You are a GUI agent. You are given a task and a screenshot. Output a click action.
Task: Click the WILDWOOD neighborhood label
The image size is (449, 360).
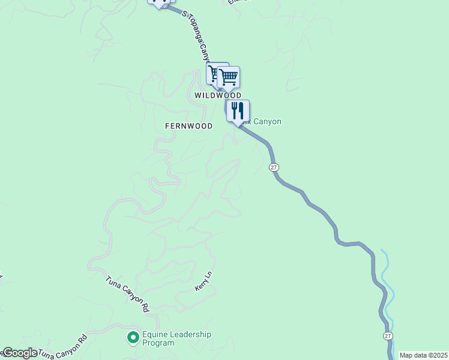(217, 95)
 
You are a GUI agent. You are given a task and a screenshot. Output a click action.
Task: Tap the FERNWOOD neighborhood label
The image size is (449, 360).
(188, 126)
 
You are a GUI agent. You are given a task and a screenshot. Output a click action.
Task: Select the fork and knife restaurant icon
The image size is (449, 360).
(238, 111)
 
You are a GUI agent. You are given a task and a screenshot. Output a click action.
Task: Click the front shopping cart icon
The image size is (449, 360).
(229, 77)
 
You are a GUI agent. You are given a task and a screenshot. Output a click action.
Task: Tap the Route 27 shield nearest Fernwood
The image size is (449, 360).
(274, 167)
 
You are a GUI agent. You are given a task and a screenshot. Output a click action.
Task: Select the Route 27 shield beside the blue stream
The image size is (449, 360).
(388, 336)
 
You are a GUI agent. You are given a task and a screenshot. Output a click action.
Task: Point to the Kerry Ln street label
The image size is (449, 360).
(204, 281)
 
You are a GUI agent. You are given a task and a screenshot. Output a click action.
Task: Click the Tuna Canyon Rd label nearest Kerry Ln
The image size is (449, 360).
(127, 295)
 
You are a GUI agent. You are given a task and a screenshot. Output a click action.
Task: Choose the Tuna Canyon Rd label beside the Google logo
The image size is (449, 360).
(64, 346)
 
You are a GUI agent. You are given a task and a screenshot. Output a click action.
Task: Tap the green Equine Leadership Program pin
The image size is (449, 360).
(133, 338)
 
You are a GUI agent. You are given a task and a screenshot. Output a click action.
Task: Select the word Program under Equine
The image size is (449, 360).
(158, 343)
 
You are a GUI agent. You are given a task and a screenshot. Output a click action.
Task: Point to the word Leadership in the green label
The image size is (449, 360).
(190, 335)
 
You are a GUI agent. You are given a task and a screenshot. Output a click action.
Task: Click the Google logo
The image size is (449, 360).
(19, 353)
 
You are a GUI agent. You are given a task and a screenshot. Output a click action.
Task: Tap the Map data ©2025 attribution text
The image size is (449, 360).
(423, 355)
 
